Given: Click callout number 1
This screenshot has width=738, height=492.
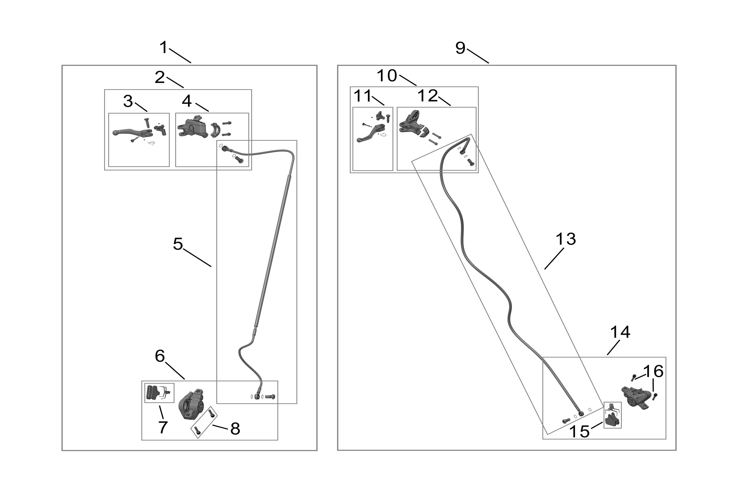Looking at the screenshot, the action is pos(163,48).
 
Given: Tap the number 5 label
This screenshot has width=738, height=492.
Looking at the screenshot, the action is pos(178,244).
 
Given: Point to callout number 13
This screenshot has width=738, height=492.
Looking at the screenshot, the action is pos(566,239).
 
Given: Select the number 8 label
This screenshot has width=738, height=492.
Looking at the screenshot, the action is pos(235,429).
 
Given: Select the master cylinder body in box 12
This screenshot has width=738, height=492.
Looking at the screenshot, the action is pos(411,124).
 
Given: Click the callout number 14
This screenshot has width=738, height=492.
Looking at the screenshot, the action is pos(620,332).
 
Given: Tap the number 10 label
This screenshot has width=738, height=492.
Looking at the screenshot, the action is pos(387,76).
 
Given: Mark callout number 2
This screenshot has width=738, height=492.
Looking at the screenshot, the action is pos(160,77).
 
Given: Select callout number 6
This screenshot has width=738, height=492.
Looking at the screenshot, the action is pos(160,356).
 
